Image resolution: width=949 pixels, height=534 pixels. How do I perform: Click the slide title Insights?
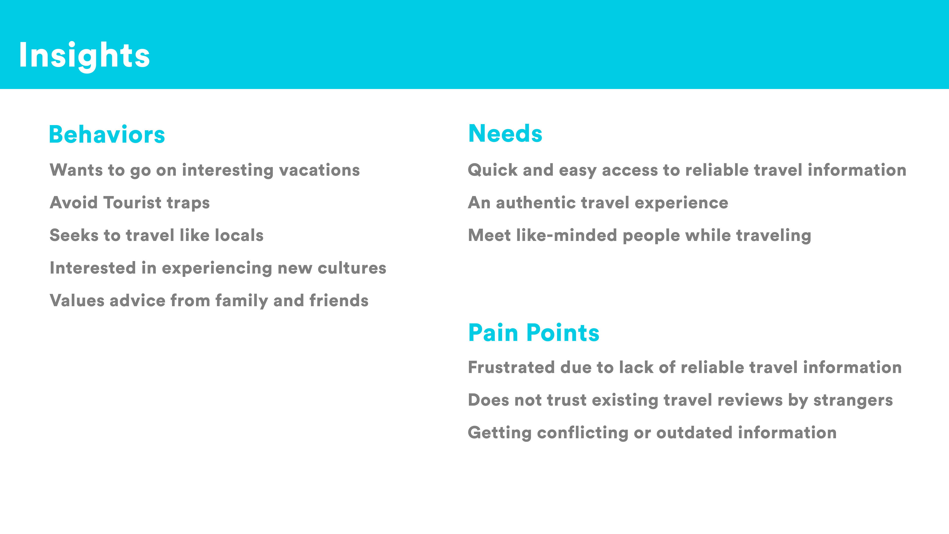pos(84,56)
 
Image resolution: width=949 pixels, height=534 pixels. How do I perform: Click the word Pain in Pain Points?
pos(493,333)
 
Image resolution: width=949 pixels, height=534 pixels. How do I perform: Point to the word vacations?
pos(319,170)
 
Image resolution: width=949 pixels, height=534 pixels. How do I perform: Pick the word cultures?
pos(352,268)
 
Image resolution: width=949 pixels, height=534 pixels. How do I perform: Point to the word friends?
pos(339,300)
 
